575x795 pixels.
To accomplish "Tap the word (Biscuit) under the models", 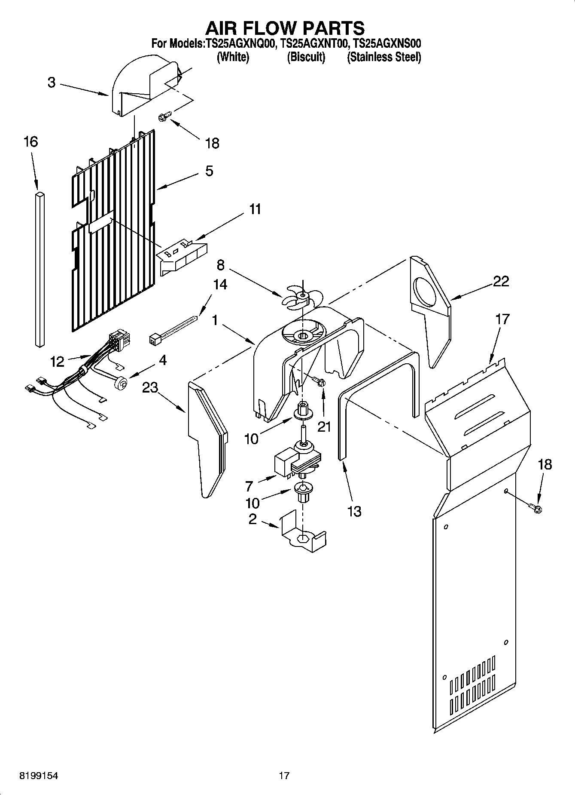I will coord(306,57).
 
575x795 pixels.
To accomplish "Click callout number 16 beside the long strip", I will coord(31,141).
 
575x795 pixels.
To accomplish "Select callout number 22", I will coord(501,281).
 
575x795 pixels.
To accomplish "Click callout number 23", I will coord(150,387).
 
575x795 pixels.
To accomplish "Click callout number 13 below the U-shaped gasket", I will coord(354,511).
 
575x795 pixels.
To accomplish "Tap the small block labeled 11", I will coord(183,257).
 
